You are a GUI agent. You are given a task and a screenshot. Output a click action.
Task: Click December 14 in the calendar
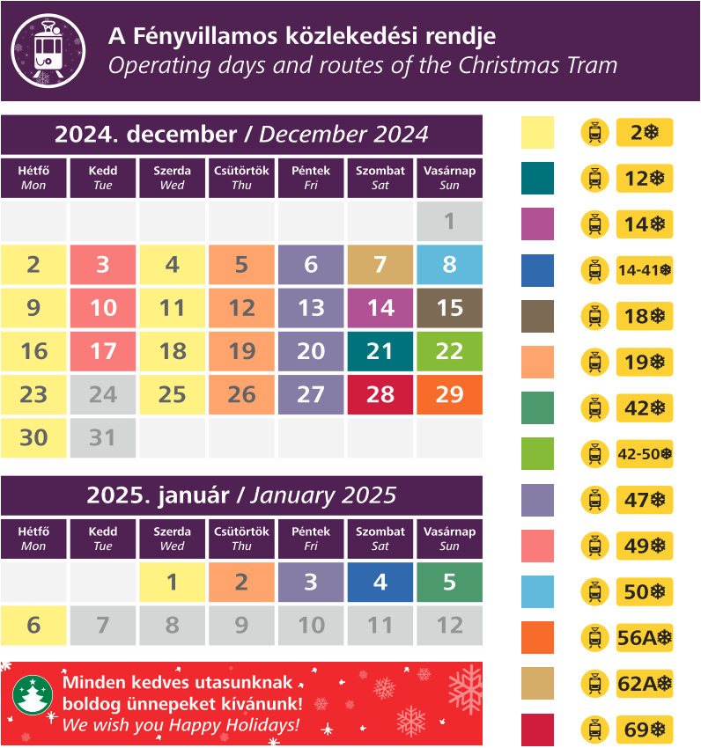pyautogui.click(x=380, y=308)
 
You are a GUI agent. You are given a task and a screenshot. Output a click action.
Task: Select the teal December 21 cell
pyautogui.click(x=380, y=351)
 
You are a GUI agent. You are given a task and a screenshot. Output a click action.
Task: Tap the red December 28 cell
pyautogui.click(x=380, y=394)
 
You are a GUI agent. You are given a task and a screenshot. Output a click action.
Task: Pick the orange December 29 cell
pyautogui.click(x=449, y=394)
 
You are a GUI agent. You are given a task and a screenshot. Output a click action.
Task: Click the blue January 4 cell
pyautogui.click(x=380, y=582)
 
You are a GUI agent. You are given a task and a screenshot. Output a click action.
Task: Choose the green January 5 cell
pyautogui.click(x=449, y=582)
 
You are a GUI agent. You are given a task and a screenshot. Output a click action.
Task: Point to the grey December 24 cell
pyautogui.click(x=103, y=394)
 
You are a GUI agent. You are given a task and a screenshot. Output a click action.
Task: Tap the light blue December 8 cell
pyautogui.click(x=449, y=265)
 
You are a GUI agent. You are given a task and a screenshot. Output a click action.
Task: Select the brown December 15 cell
pyautogui.click(x=449, y=308)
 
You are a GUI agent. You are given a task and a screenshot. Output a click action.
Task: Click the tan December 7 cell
pyautogui.click(x=380, y=265)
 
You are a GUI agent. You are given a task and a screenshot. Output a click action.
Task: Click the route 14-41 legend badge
pyautogui.click(x=645, y=270)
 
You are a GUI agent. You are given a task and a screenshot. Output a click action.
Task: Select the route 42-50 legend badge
pyautogui.click(x=645, y=454)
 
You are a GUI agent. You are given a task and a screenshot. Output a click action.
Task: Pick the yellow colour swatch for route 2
pyautogui.click(x=537, y=133)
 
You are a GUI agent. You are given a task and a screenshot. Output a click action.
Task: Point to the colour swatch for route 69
pyautogui.click(x=537, y=730)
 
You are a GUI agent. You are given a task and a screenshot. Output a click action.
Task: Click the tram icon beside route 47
pyautogui.click(x=595, y=500)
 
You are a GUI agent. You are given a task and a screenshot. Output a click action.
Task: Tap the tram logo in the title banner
pyautogui.click(x=48, y=50)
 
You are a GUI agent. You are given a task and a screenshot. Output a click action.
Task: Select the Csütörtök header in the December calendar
pyautogui.click(x=241, y=177)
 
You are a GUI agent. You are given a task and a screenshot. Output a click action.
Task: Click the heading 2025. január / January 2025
pyautogui.click(x=241, y=495)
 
